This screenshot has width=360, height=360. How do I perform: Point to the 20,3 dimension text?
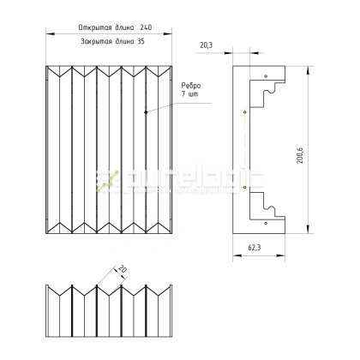207,45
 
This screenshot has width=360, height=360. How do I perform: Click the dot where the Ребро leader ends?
147,111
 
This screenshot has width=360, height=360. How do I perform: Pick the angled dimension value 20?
122,268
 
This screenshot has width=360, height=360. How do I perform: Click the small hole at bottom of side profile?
265,222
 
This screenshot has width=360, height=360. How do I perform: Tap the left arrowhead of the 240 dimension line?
45,33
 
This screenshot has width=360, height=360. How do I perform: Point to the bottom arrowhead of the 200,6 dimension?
309,230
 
